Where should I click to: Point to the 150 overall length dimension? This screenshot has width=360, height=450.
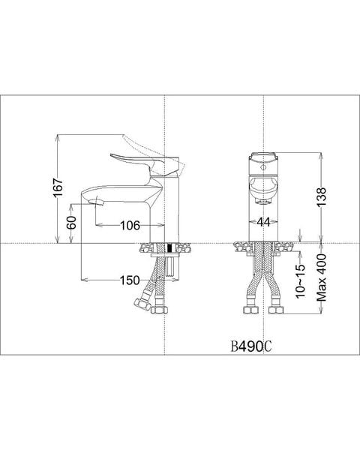(128, 280)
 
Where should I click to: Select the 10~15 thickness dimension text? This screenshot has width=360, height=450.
(301, 278)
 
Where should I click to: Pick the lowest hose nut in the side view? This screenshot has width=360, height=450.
(158, 307)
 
